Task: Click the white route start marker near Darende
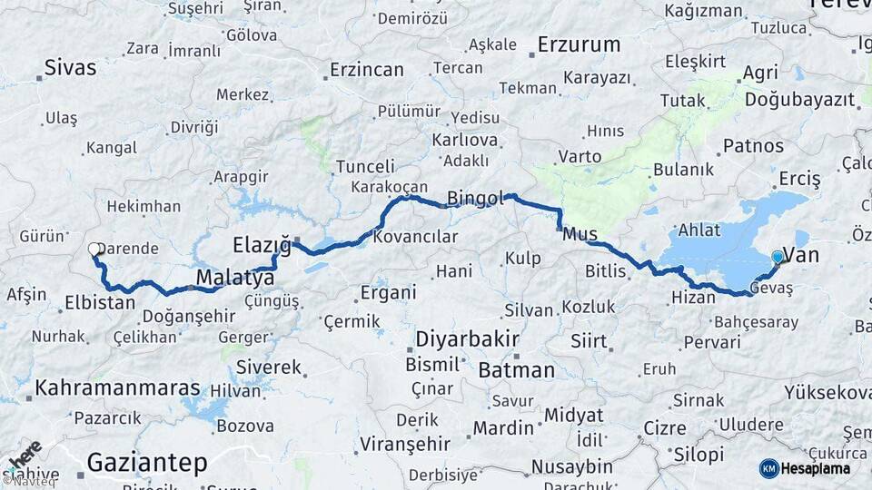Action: pyautogui.click(x=94, y=249)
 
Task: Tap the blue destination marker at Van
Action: pyautogui.click(x=778, y=257)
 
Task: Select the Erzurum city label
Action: pyautogui.click(x=579, y=44)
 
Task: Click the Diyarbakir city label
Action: pyautogui.click(x=467, y=340)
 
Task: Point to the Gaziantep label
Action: pyautogui.click(x=146, y=463)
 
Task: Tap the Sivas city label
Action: pyautogui.click(x=72, y=66)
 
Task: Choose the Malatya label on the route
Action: pyautogui.click(x=230, y=277)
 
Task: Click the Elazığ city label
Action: pyautogui.click(x=262, y=244)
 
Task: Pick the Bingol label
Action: pyautogui.click(x=475, y=198)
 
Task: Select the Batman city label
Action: pyautogui.click(x=516, y=369)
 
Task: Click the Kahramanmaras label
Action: pyautogui.click(x=117, y=387)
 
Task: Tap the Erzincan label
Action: pyautogui.click(x=366, y=69)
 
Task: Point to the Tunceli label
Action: pyautogui.click(x=365, y=167)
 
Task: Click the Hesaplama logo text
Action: pyautogui.click(x=817, y=468)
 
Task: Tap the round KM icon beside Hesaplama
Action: pyautogui.click(x=769, y=468)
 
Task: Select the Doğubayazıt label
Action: pyautogui.click(x=800, y=100)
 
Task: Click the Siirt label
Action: pyautogui.click(x=589, y=341)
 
